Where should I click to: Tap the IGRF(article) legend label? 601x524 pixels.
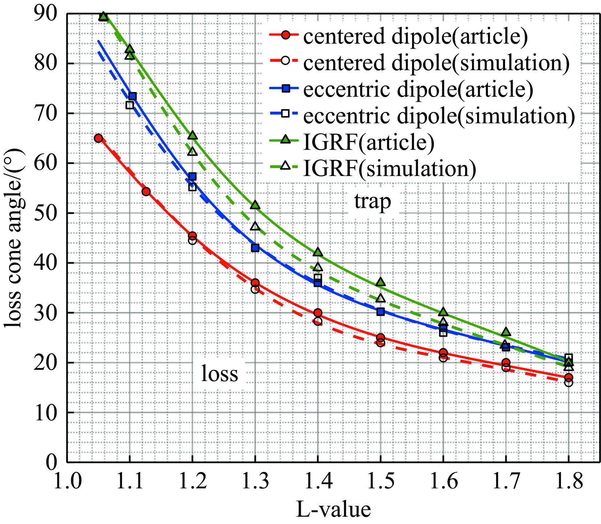point(368,142)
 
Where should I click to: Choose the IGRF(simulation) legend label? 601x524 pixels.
point(389,169)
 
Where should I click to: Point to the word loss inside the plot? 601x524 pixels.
point(219,374)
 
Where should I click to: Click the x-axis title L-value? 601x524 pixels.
point(333,509)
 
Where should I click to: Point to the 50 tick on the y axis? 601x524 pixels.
point(45,213)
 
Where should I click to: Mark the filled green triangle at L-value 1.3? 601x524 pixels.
point(255,205)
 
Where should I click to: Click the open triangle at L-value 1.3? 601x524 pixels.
point(255,226)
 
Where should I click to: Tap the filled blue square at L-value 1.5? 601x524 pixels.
point(380,312)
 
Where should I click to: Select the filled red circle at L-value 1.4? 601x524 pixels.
point(318,313)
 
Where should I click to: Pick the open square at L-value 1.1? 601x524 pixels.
point(130,105)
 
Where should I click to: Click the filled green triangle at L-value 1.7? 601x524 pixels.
point(506,332)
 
